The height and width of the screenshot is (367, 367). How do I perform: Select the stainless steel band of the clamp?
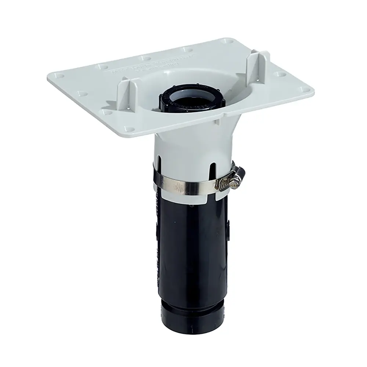click(183, 187)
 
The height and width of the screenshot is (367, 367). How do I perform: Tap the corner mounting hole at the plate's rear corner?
click(226, 41)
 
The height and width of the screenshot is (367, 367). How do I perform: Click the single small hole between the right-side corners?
click(281, 74)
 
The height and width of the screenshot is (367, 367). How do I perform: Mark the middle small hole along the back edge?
click(145, 58)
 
